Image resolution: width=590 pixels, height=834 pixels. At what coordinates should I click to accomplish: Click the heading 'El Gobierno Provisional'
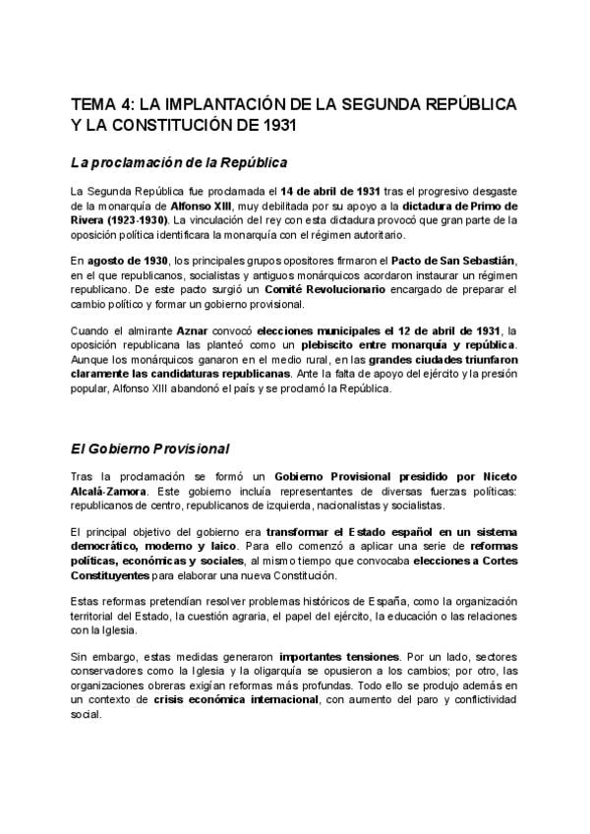point(149,448)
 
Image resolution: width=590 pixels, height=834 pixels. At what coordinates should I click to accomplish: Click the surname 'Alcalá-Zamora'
point(110,492)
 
